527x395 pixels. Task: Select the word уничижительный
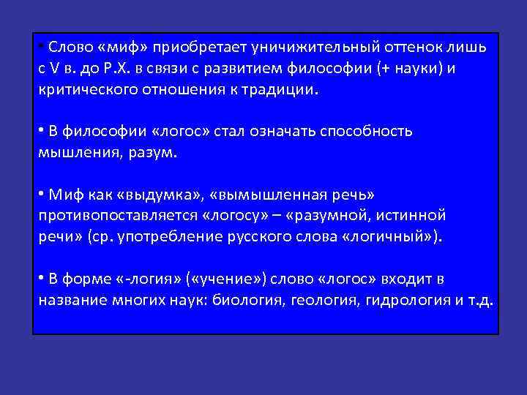point(310,48)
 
